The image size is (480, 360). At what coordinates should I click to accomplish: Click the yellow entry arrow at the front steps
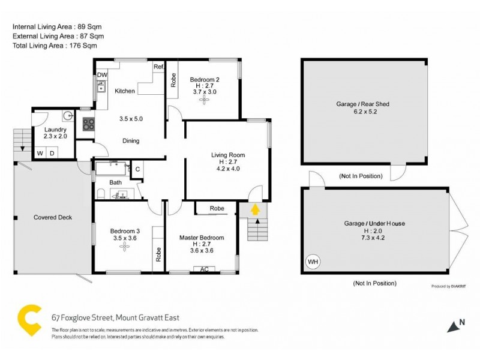pyautogui.click(x=255, y=209)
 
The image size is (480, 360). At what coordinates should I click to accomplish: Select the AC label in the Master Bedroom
pyautogui.click(x=205, y=269)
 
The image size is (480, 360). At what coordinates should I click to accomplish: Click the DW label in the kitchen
pyautogui.click(x=102, y=75)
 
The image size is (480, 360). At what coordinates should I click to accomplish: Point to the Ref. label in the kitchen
pyautogui.click(x=159, y=67)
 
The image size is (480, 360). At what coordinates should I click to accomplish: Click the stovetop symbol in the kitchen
pyautogui.click(x=88, y=124)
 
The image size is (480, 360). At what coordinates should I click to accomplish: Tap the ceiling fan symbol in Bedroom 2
pyautogui.click(x=204, y=101)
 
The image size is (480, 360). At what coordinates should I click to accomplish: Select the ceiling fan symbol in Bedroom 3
pyautogui.click(x=125, y=247)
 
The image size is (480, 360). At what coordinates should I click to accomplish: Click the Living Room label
pyautogui.click(x=228, y=155)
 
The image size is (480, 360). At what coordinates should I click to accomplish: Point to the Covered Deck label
pyautogui.click(x=53, y=217)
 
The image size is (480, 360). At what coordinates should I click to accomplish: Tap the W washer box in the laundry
pyautogui.click(x=40, y=154)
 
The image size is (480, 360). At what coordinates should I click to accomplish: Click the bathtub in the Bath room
pyautogui.click(x=111, y=167)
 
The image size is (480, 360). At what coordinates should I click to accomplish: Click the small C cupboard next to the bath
pyautogui.click(x=137, y=170)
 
